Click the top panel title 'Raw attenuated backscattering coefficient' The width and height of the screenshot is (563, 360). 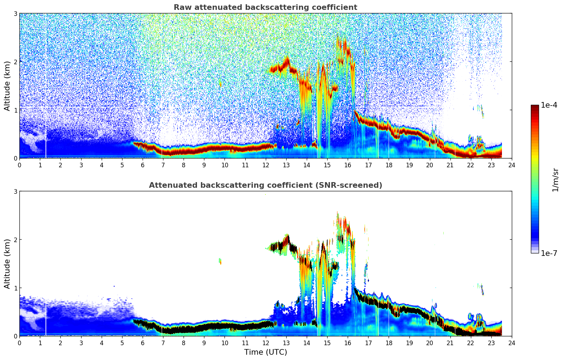(265, 7)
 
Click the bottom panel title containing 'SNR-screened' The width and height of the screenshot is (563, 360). (265, 185)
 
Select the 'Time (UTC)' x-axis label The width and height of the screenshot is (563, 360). (265, 352)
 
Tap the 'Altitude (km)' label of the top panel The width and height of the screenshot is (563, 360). (7, 86)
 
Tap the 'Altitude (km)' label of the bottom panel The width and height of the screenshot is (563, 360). (7, 264)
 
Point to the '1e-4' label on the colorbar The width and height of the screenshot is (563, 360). (549, 105)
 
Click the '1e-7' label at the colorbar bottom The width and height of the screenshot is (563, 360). (549, 253)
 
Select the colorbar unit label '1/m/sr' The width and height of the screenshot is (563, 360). (555, 179)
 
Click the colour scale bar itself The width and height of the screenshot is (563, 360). (534, 179)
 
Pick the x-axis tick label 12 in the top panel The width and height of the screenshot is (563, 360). (265, 165)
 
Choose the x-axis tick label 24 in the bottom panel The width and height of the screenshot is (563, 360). (511, 343)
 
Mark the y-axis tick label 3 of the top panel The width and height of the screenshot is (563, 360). (15, 13)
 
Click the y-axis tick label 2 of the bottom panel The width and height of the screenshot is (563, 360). (15, 240)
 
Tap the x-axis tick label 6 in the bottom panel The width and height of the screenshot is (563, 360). (143, 343)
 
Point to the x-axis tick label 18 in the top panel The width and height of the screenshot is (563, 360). (389, 165)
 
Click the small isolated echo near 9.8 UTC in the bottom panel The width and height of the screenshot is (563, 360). (220, 261)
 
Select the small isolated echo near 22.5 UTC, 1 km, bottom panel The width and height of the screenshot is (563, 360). (482, 289)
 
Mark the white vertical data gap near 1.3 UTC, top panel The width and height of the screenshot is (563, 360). (46, 106)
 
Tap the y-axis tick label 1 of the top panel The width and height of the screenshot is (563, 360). (15, 110)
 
